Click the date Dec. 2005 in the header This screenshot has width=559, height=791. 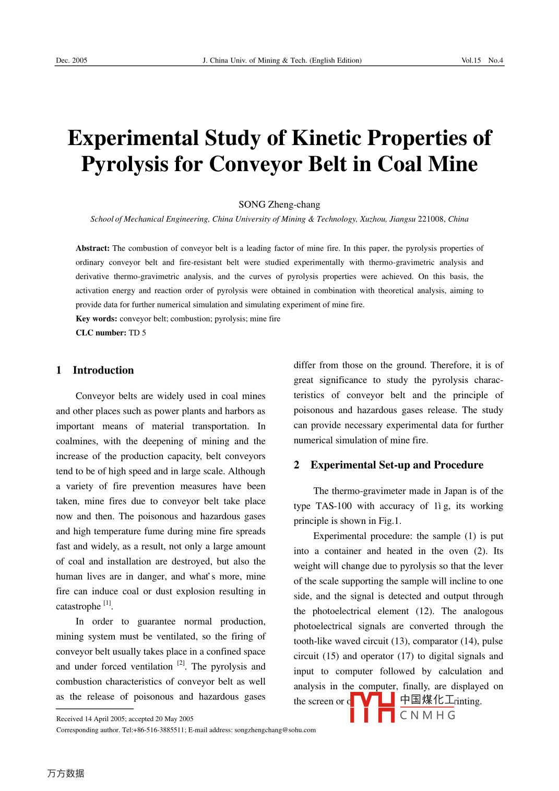(x=72, y=61)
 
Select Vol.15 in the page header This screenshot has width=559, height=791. (x=471, y=61)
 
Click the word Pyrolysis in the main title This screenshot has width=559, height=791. (x=124, y=164)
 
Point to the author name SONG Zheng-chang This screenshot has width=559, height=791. (x=279, y=205)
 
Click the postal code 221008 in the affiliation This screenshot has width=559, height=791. (x=432, y=219)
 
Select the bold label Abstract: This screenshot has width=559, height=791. (x=92, y=248)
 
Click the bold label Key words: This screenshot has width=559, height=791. (x=97, y=319)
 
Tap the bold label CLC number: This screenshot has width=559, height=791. (x=101, y=333)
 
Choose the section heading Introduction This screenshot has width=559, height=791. (x=103, y=370)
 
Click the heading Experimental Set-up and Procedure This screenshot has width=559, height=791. (x=397, y=465)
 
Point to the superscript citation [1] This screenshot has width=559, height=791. (x=107, y=604)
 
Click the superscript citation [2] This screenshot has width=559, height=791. (x=181, y=664)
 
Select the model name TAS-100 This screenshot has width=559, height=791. (x=334, y=506)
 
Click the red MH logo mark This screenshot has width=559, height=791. (x=372, y=707)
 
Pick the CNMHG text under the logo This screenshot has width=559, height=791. (x=427, y=715)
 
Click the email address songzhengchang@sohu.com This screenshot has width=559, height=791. (x=275, y=730)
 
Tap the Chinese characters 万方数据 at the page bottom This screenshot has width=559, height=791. (x=66, y=773)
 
